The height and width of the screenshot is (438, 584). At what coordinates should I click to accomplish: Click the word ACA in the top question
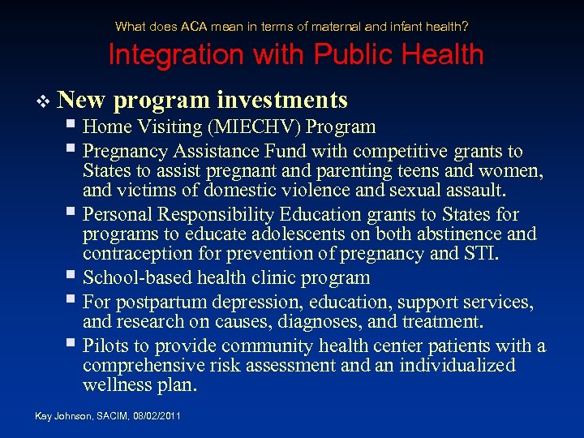click(195, 26)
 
